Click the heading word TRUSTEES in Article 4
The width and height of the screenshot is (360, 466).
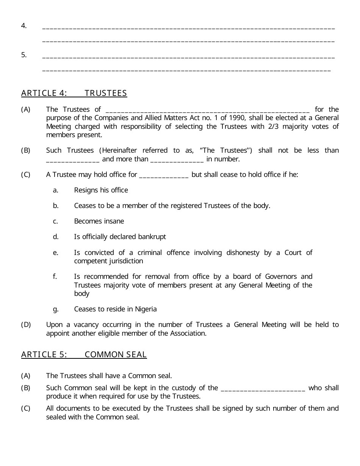pos(106,93)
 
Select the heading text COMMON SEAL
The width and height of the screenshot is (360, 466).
pos(116,355)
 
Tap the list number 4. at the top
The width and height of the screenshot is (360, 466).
pos(24,26)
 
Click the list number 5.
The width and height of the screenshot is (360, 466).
pos(24,55)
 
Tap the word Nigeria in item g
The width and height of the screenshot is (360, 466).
pos(146,309)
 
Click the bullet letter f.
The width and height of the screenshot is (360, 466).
pos(55,277)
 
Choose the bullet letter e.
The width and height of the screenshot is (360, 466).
pos(56,253)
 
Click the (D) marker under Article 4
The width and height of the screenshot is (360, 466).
pos(26,325)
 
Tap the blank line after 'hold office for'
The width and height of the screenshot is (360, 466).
pos(164,175)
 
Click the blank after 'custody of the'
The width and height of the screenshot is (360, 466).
pos(263,388)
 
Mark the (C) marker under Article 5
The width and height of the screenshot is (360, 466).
pos(26,408)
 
